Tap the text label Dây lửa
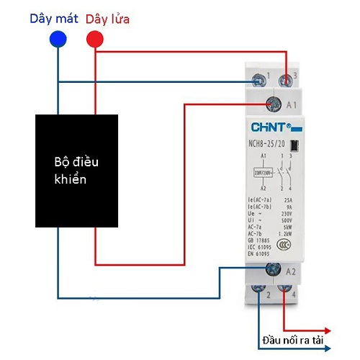coord(107,18)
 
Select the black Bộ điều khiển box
coord(77,169)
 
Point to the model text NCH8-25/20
coord(267,142)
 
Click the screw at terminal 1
coord(256,76)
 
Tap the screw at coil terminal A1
coord(273,104)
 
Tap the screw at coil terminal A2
coord(273,270)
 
